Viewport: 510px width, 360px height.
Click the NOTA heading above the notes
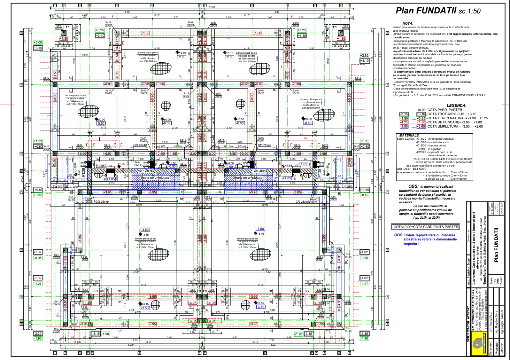[408, 23]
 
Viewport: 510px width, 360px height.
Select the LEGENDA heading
[456, 106]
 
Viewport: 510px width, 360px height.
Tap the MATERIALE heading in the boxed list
[409, 135]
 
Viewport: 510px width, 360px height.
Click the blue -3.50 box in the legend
[404, 126]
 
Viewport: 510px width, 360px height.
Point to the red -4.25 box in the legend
[404, 122]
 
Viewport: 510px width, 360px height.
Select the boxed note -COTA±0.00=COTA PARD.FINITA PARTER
[425, 227]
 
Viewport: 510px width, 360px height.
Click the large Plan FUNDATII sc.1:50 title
[438, 11]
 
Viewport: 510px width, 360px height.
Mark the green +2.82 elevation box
[364, 55]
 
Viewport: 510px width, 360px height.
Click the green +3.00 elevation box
[38, 43]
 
